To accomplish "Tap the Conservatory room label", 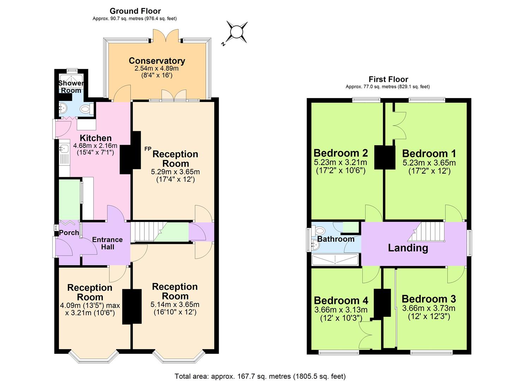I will point(157,61).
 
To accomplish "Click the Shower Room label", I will point(71,87).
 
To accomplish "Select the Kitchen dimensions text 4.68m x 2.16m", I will point(95,145).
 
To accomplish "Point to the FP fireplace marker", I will point(148,149).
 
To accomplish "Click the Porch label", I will point(69,232).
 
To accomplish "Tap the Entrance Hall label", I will point(107,243).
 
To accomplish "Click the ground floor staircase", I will point(148,232).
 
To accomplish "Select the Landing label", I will point(408,248).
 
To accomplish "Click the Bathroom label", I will point(336,239).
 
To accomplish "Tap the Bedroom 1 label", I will point(429,153).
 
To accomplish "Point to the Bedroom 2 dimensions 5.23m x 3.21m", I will point(340,163).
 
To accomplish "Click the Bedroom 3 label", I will point(428,299).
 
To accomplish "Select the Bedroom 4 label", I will point(341,300).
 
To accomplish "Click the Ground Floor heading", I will point(135,11).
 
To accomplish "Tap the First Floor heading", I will point(388,79).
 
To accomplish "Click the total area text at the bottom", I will point(260,376).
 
